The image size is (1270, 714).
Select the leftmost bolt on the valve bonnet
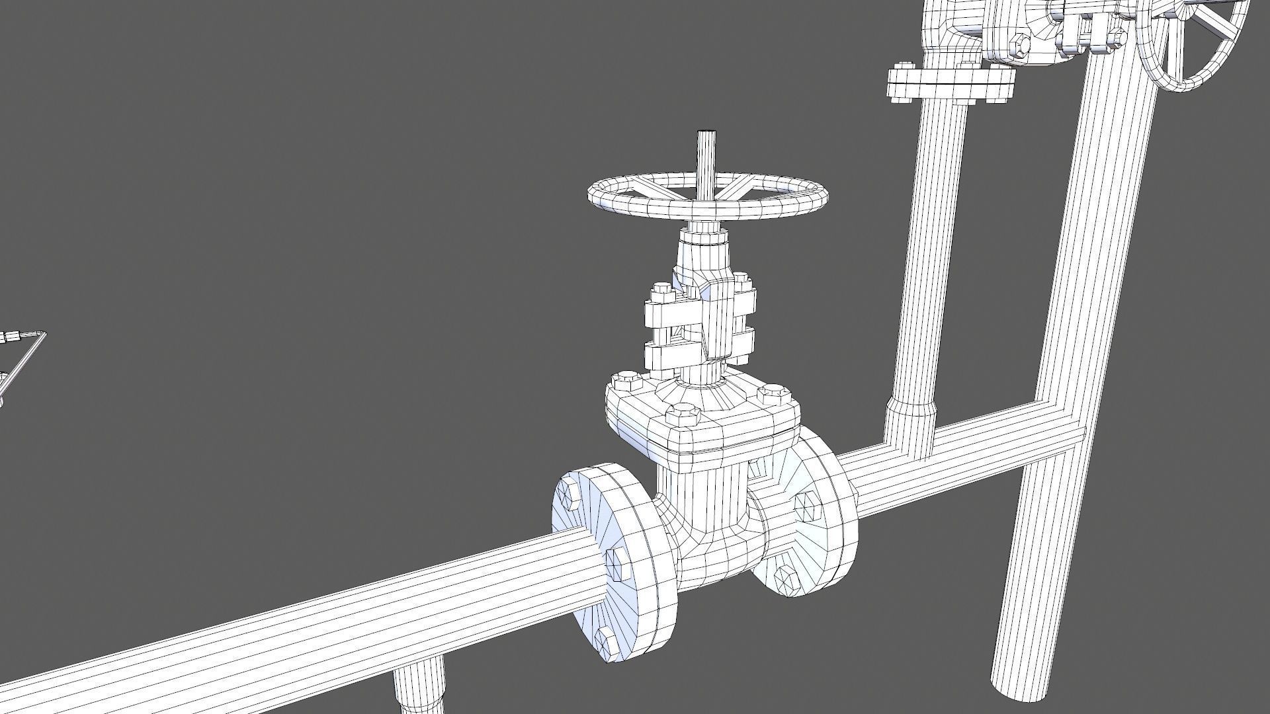pyautogui.click(x=626, y=381)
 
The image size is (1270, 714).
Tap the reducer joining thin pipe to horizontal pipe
pyautogui.click(x=911, y=423)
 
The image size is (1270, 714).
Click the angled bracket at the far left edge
pyautogui.click(x=23, y=357)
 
